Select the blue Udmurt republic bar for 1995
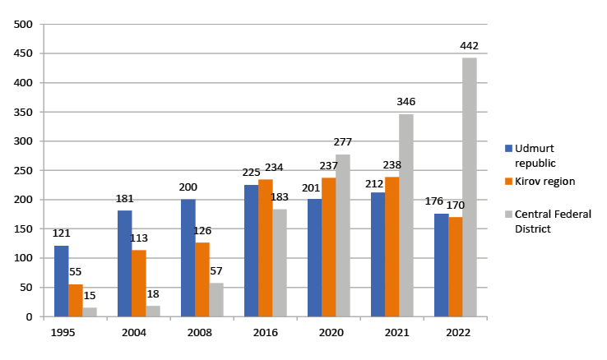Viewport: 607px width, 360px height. tap(62, 281)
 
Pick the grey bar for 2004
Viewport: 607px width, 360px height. tap(153, 312)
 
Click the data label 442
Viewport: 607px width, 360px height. tap(470, 46)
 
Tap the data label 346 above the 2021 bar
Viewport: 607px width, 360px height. tap(405, 102)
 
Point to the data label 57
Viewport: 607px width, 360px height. tap(216, 271)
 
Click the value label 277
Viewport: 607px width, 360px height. tap(342, 142)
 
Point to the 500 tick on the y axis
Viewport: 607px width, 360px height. tap(23, 25)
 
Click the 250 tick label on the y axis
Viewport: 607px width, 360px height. tap(23, 171)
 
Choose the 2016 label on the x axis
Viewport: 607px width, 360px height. tap(265, 332)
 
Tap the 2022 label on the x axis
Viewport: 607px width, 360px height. tap(455, 332)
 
